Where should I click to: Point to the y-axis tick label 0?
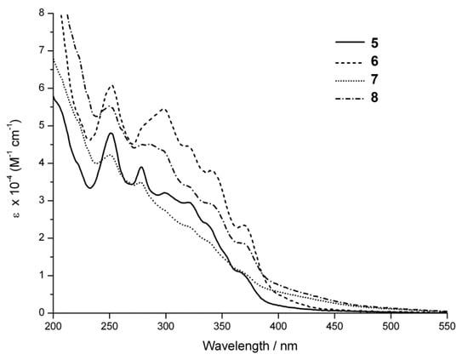coord(42,312)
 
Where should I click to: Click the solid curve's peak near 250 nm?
coord(111,133)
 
